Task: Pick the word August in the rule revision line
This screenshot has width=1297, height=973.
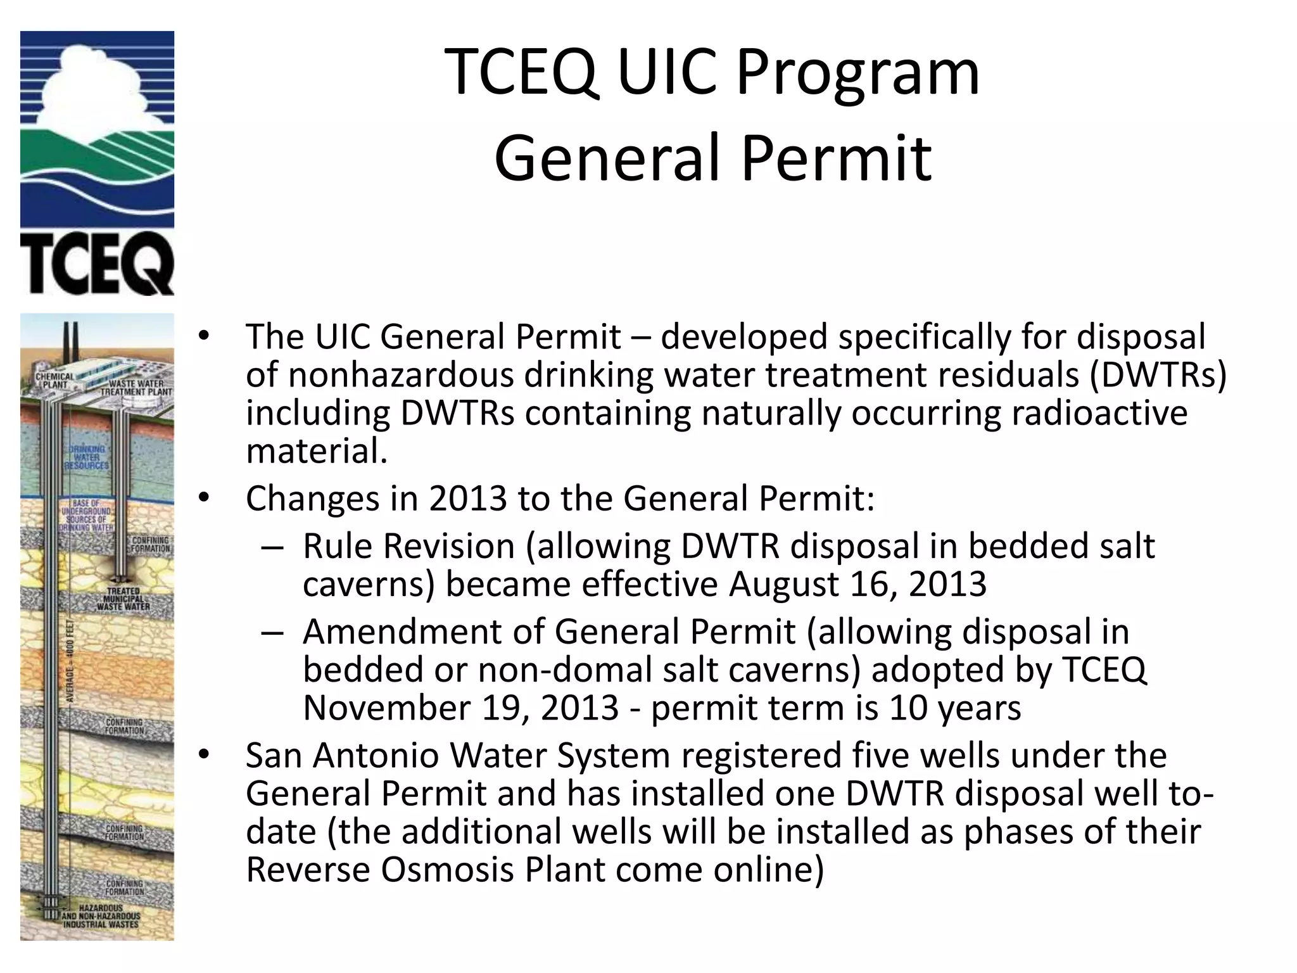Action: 783,584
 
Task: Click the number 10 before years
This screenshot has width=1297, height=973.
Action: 908,708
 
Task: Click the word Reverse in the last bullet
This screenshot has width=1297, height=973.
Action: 308,870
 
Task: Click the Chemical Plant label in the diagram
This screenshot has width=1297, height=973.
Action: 54,381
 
